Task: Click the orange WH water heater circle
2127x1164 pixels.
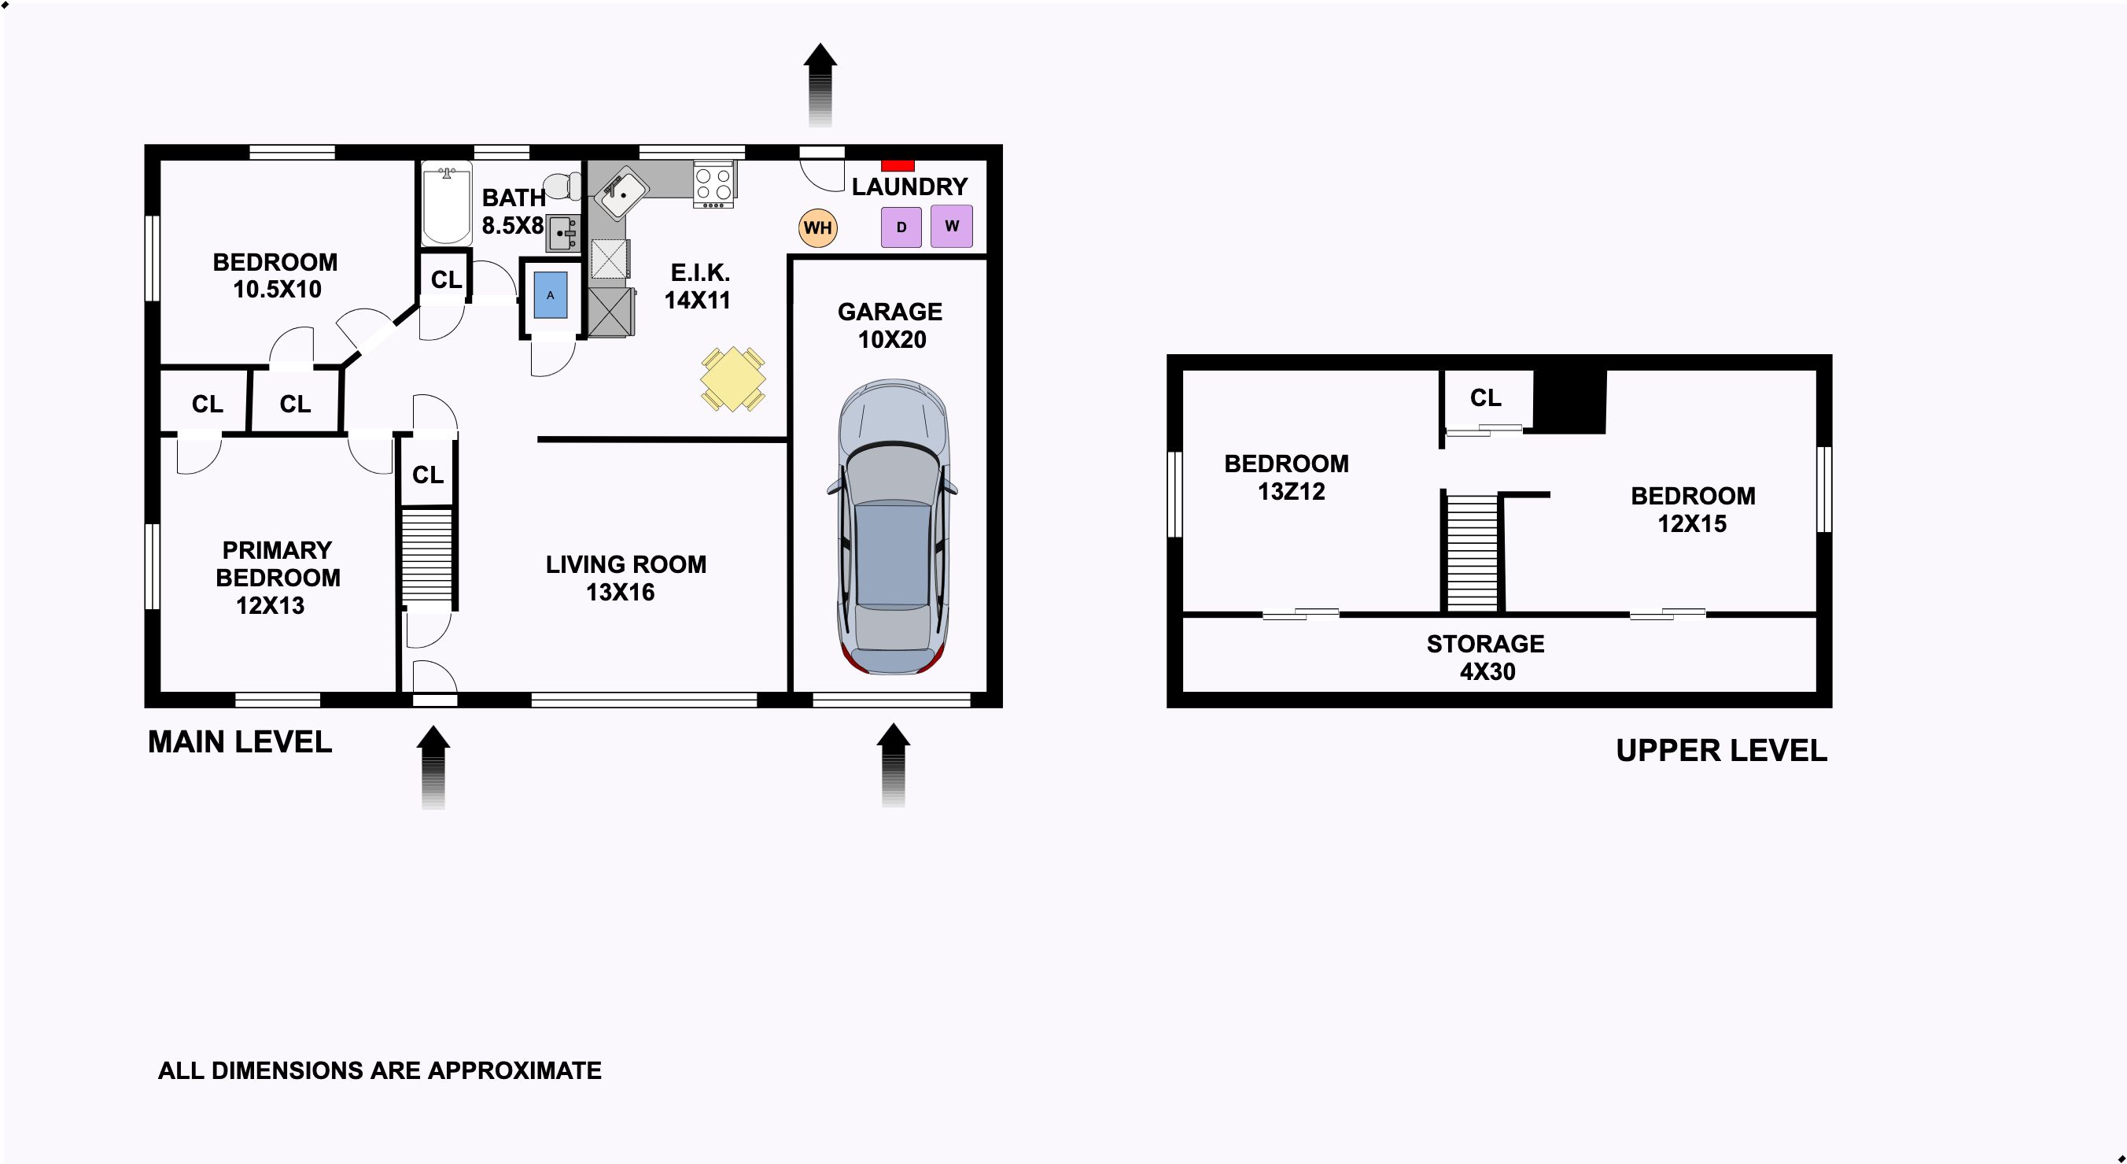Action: [x=817, y=227]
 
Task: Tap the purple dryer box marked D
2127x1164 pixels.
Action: [x=901, y=227]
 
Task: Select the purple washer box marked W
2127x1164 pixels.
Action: [x=952, y=226]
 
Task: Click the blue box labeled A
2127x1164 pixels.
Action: [x=551, y=295]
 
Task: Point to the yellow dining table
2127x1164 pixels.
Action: [x=732, y=380]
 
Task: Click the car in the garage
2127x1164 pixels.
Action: [x=893, y=527]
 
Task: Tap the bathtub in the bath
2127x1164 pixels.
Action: [x=447, y=203]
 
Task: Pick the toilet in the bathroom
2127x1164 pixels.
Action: [x=563, y=186]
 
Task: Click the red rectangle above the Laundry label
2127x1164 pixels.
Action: [x=898, y=165]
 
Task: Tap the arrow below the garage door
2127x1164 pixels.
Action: [x=894, y=765]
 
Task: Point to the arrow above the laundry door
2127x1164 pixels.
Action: [x=820, y=84]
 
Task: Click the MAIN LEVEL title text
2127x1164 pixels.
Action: [x=239, y=742]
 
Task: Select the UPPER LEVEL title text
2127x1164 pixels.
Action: [x=1722, y=750]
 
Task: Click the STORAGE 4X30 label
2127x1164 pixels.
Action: [x=1486, y=658]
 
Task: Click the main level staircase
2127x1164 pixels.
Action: [x=427, y=555]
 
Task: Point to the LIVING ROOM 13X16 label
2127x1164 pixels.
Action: [x=626, y=578]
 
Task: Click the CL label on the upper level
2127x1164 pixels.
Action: [x=1485, y=398]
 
